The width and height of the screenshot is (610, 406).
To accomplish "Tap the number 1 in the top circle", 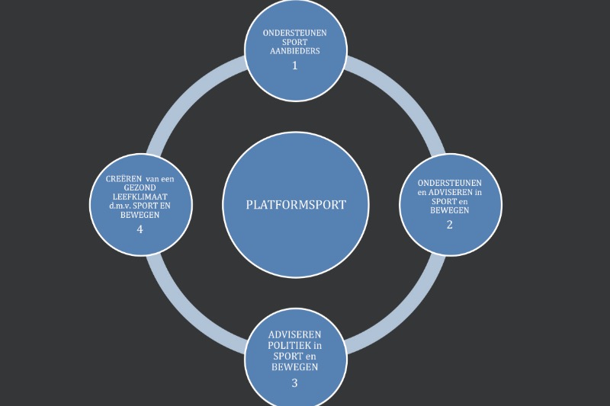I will click(294, 66).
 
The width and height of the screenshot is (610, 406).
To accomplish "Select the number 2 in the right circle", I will click(449, 224).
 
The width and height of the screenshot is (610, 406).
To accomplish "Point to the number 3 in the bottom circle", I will click(294, 382).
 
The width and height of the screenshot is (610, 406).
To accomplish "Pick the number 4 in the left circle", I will click(140, 229).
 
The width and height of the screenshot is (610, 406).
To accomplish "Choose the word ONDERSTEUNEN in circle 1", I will click(295, 34).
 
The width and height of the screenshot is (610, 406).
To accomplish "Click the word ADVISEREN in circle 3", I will click(294, 336).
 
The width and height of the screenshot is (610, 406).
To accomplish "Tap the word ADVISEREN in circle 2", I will click(457, 192).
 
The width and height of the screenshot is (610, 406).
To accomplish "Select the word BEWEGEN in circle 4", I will click(140, 215).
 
